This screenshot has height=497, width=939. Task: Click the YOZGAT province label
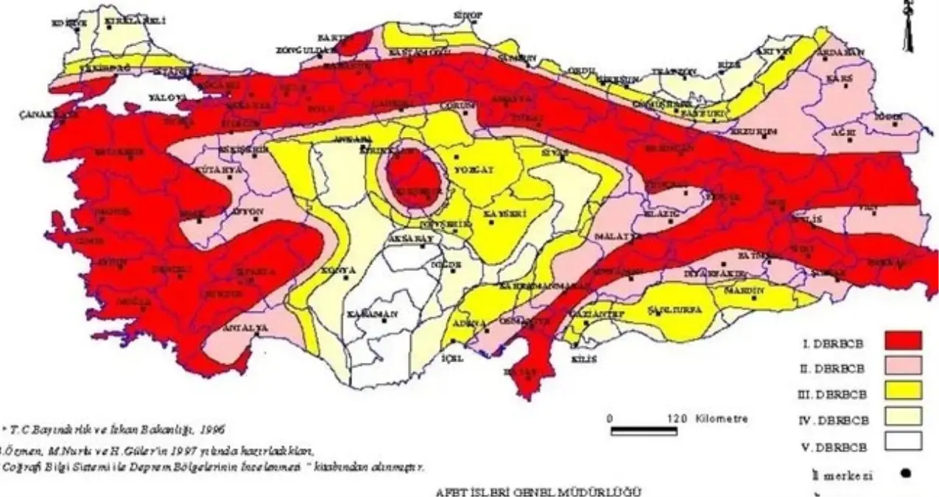tap(475, 169)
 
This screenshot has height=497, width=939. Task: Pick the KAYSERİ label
tap(498, 214)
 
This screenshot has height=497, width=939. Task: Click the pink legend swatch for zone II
tap(903, 367)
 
